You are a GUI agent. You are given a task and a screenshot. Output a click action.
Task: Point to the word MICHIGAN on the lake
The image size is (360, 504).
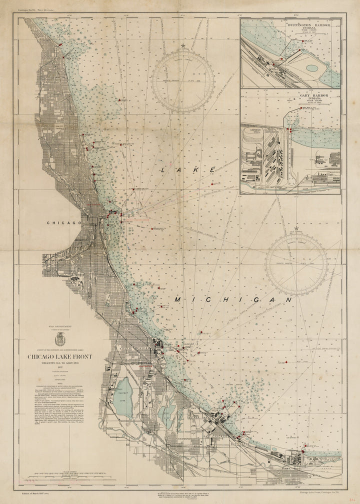click(233, 299)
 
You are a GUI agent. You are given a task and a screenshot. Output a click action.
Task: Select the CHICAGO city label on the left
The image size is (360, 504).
click(64, 223)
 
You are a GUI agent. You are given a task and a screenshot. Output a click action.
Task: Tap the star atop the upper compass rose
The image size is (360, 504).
click(184, 46)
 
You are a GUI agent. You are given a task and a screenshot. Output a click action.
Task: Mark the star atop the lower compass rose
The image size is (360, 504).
click(296, 229)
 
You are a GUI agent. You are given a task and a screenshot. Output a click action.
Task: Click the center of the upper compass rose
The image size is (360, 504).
click(184, 81)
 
